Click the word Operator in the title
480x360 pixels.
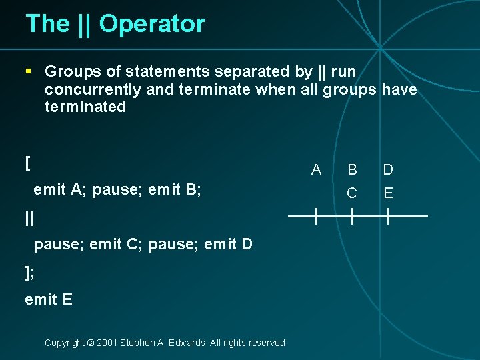coord(152,24)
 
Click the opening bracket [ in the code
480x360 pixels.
coord(27,163)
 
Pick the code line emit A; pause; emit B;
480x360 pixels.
coord(117,190)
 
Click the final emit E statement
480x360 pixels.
coord(49,299)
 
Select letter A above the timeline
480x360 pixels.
coord(316,169)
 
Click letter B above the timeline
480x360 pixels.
coord(352,169)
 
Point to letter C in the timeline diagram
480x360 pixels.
coord(352,193)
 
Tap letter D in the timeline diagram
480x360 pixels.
coord(388,169)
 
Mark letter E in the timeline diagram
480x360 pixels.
coord(388,193)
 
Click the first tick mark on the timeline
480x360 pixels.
coord(316,216)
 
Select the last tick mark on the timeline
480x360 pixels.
coord(388,216)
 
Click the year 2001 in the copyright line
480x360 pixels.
coord(107,343)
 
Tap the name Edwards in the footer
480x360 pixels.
coord(187,343)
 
